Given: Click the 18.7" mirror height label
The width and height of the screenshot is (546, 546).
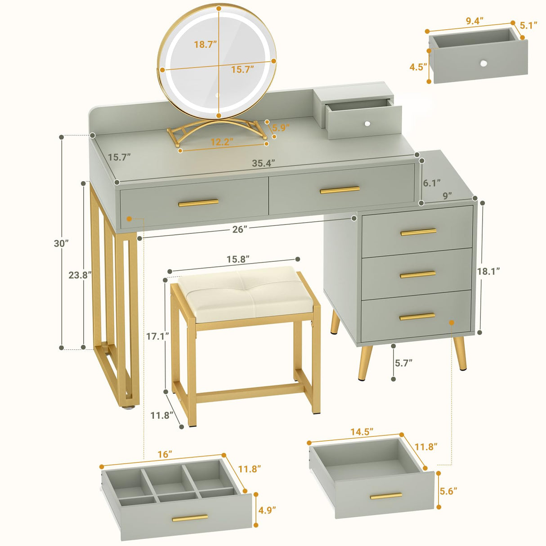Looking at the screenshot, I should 206,44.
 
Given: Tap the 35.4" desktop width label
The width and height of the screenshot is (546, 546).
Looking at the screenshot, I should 263,163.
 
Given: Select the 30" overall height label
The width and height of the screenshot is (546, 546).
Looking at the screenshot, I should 61,243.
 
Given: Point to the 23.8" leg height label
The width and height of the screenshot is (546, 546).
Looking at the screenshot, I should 80,275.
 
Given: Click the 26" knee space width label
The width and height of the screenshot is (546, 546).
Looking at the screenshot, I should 240,229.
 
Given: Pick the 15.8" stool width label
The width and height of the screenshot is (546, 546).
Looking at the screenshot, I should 238,260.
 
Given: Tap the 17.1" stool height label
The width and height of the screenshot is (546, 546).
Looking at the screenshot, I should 157,336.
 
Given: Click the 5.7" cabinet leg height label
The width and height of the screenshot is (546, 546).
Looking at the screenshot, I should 403,363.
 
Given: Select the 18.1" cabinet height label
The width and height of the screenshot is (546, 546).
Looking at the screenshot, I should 488,271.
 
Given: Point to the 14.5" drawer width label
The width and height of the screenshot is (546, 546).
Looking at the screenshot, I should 362,432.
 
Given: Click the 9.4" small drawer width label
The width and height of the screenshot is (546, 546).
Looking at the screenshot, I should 474,21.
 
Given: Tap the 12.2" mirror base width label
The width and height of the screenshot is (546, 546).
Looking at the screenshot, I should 222,142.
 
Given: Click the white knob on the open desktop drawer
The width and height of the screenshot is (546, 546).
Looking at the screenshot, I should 367,123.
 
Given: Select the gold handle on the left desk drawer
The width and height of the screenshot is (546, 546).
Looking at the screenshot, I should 198,203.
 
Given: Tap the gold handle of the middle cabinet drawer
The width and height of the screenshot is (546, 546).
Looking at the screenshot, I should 418,274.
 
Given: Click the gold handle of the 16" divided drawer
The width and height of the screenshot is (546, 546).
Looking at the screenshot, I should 190,519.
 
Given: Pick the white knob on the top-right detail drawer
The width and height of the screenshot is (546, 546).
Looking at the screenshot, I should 483,63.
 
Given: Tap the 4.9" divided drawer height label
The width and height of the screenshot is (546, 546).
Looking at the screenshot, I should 267,510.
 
